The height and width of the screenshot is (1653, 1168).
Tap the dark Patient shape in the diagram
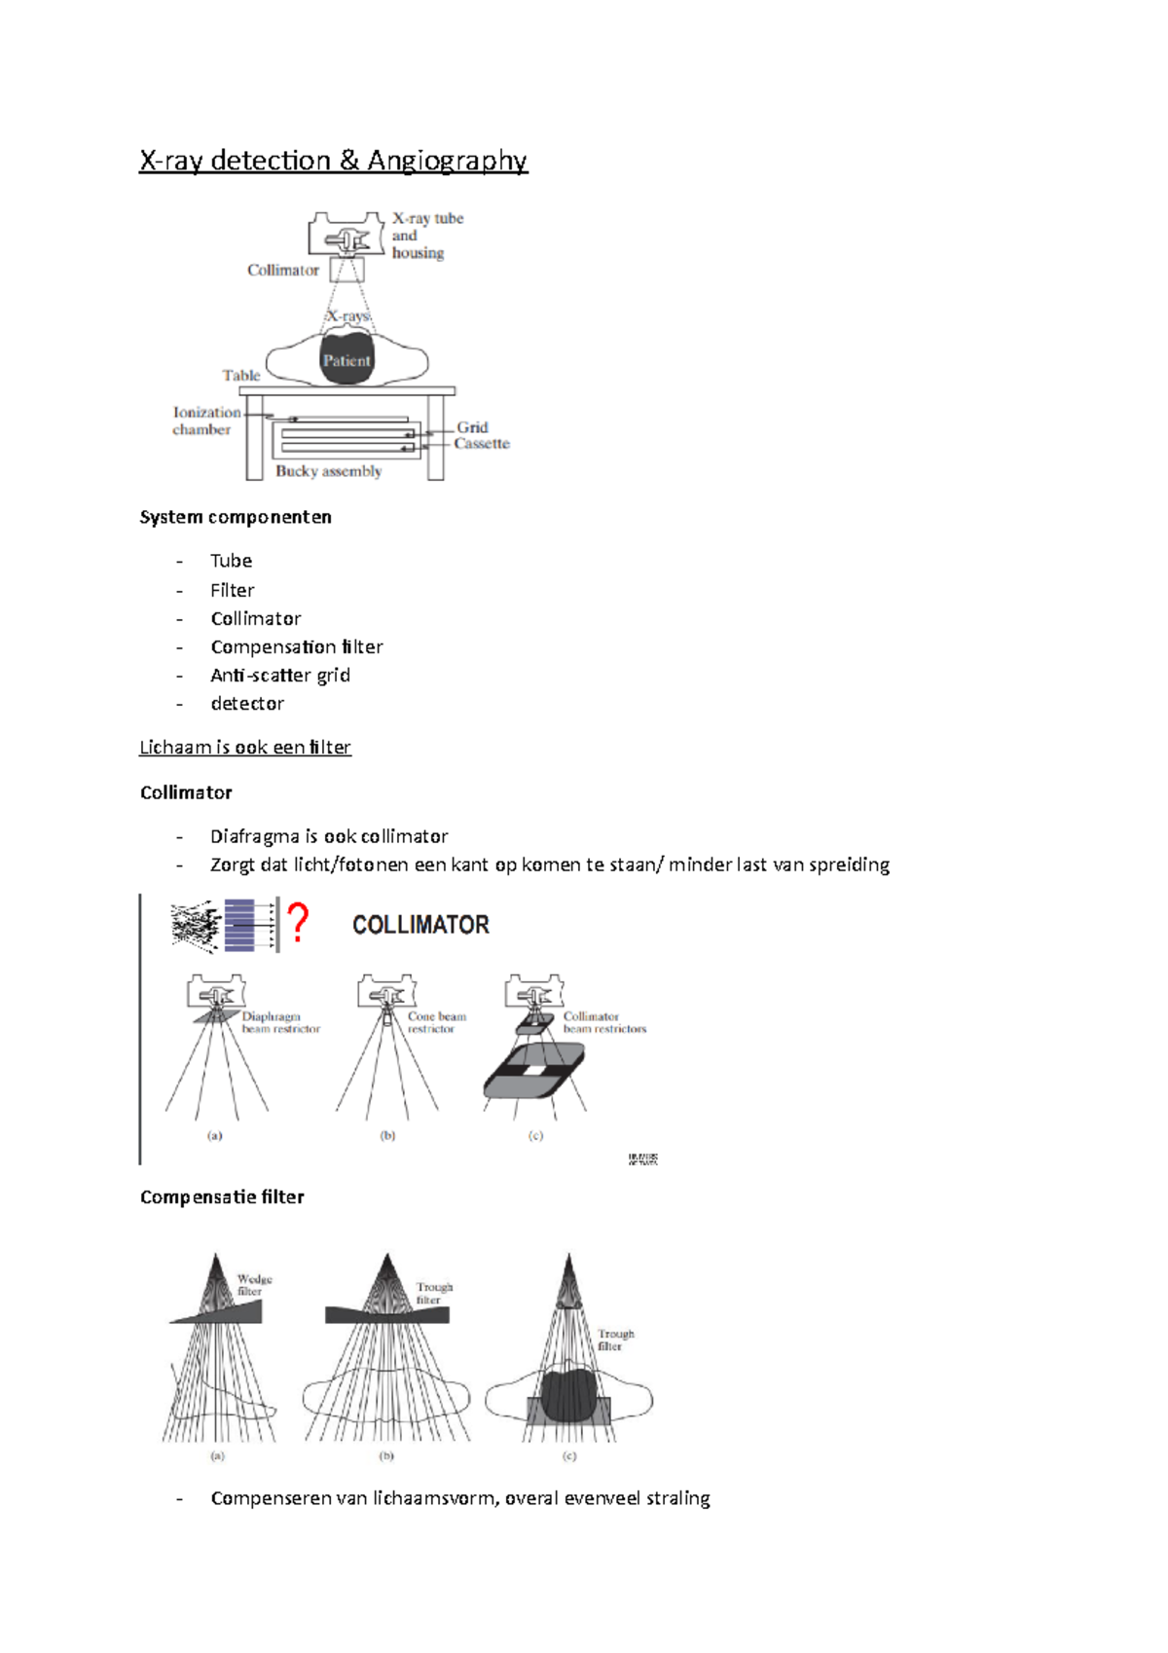tap(347, 360)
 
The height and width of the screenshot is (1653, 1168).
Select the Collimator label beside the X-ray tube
tap(282, 271)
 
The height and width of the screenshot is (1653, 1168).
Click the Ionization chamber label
tap(205, 421)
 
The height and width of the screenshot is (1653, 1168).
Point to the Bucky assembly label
tap(328, 471)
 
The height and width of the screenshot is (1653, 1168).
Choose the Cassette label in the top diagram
tap(482, 444)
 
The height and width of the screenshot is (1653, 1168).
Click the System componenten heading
tap(236, 517)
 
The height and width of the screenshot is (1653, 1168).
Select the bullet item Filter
tap(232, 590)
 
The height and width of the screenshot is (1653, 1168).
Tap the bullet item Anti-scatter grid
tap(279, 675)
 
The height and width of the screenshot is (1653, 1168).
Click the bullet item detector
tap(247, 703)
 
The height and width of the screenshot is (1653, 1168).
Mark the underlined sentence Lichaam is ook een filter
tap(244, 747)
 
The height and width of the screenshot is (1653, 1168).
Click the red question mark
tap(299, 922)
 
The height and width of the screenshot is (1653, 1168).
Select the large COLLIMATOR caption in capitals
tap(420, 925)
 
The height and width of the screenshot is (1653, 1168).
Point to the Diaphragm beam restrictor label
tap(279, 1022)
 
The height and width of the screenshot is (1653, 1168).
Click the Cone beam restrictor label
tap(436, 1022)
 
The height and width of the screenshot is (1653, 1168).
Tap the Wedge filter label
tap(254, 1285)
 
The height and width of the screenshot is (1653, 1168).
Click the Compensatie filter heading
tap(222, 1196)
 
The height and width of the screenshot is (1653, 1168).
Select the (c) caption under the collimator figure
tap(535, 1135)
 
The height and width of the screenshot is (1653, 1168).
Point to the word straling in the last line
tap(677, 1498)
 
